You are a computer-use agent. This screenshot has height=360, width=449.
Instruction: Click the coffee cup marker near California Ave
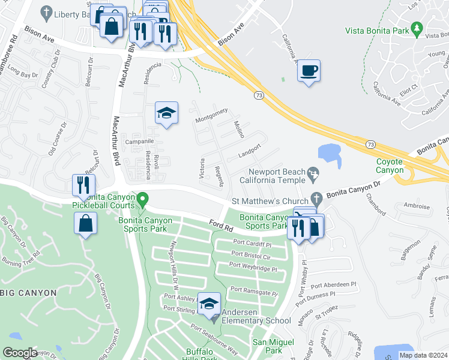pos(309,71)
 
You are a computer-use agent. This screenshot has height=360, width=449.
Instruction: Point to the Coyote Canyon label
pos(390,166)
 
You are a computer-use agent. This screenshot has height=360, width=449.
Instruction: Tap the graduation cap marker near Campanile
pos(167,113)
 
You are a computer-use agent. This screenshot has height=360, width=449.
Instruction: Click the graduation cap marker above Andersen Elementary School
pos(209,304)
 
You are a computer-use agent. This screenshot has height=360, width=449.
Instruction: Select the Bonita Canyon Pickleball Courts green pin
pos(142,198)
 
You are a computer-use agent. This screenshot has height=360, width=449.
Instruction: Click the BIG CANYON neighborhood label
pos(28,293)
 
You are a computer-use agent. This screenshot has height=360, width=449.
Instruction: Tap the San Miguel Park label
pos(267,346)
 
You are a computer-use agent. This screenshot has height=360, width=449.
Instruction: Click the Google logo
pos(20,353)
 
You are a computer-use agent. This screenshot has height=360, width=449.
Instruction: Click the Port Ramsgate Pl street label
pos(255,291)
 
